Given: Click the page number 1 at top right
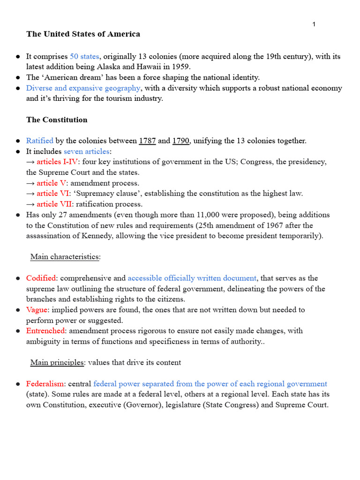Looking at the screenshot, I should pyautogui.click(x=314, y=24).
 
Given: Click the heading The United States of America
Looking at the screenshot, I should pyautogui.click(x=83, y=34).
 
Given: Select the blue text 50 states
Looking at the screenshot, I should pyautogui.click(x=84, y=56).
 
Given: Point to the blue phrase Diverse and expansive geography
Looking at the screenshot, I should pyautogui.click(x=83, y=88).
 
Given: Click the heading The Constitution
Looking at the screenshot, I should pyautogui.click(x=57, y=120).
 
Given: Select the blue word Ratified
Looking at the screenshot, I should pyautogui.click(x=40, y=141).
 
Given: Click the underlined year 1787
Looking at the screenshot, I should pyautogui.click(x=147, y=141).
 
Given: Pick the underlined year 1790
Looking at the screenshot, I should pyautogui.click(x=181, y=141).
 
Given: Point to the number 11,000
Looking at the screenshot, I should pyautogui.click(x=242, y=215).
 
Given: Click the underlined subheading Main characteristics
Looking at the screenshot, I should pyautogui.click(x=65, y=257).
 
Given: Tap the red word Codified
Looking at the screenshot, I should pyautogui.click(x=41, y=278).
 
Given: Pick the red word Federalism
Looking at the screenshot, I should pyautogui.click(x=45, y=384).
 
